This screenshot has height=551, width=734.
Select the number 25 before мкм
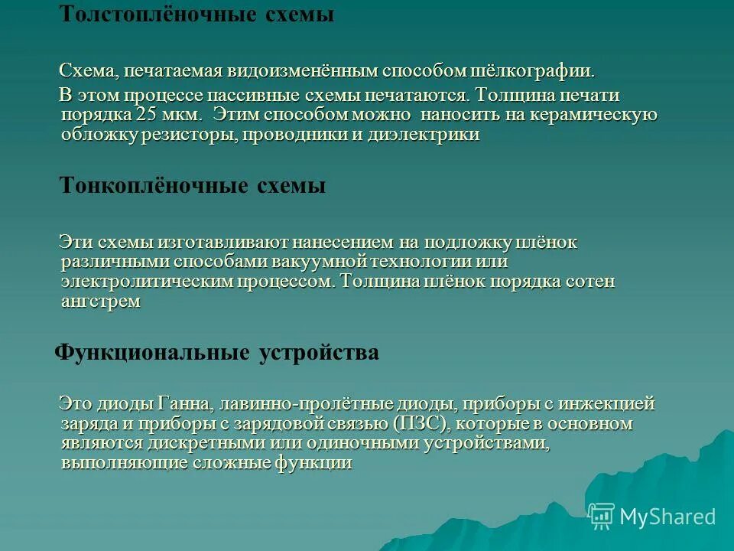(145, 115)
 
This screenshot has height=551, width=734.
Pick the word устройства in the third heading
(319, 353)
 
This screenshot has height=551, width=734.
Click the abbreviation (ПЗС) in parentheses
(417, 424)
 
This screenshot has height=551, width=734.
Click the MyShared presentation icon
(602, 517)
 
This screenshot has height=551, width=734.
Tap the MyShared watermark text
(667, 517)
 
